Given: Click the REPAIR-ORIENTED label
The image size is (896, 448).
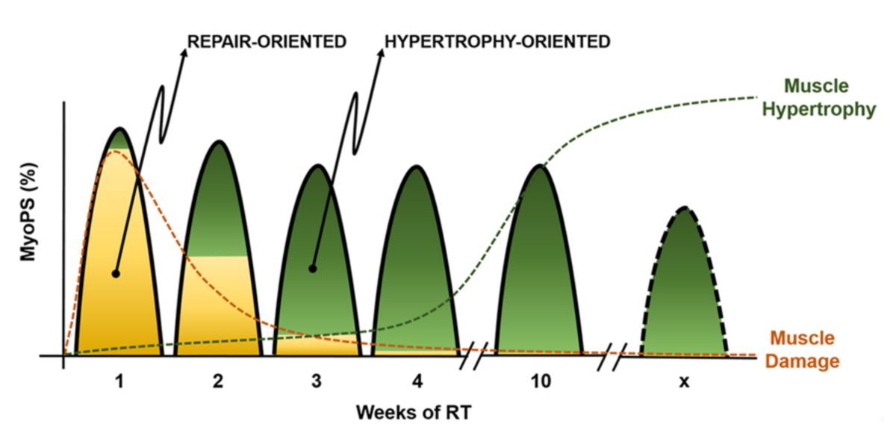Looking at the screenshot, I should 267,42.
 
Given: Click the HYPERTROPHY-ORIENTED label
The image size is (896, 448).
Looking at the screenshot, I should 498,42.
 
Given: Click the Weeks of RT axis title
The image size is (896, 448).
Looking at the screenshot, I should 413,411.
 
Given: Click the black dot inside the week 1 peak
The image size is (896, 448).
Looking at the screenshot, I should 116,273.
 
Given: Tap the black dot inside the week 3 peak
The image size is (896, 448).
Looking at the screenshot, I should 313,268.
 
